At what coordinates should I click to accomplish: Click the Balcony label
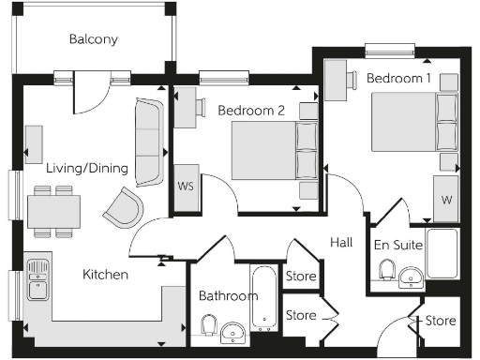pyautogui.click(x=93, y=39)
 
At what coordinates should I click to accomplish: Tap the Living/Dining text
pyautogui.click(x=89, y=168)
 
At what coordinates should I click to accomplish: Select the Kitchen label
pyautogui.click(x=105, y=275)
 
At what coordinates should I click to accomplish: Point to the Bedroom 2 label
pyautogui.click(x=251, y=111)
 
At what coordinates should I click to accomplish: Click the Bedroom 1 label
pyautogui.click(x=398, y=79)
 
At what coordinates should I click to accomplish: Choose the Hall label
pyautogui.click(x=341, y=243)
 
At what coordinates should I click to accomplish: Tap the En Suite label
pyautogui.click(x=398, y=246)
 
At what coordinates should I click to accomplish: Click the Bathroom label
pyautogui.click(x=228, y=296)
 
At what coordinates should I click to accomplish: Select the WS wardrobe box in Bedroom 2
pyautogui.click(x=185, y=185)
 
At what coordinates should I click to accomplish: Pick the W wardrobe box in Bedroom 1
pyautogui.click(x=445, y=199)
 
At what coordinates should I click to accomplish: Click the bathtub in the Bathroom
pyautogui.click(x=265, y=299)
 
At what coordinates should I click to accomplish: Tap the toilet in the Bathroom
pyautogui.click(x=210, y=325)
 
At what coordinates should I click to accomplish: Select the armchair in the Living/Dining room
pyautogui.click(x=125, y=206)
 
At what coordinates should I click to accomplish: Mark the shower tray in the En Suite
pyautogui.click(x=442, y=253)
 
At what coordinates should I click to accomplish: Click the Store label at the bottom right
pyautogui.click(x=441, y=322)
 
